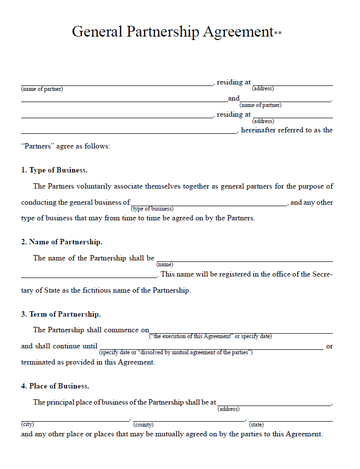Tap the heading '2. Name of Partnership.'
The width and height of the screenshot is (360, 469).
tap(61, 242)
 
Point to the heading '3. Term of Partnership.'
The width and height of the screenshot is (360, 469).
tap(60, 314)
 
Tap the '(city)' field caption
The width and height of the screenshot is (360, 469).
tap(27, 424)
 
